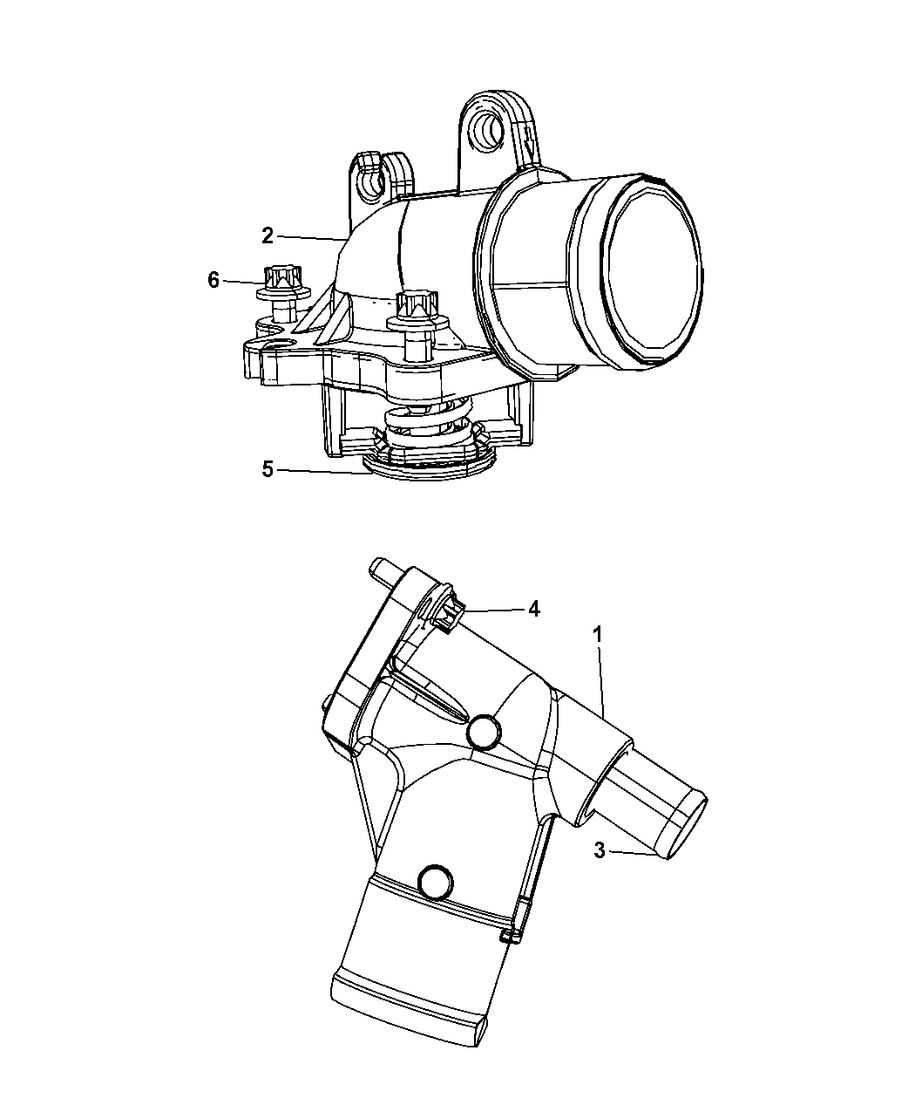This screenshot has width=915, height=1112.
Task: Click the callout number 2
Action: pos(268,236)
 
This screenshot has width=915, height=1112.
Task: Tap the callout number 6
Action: pos(213,280)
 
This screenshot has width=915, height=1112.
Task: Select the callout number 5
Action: pos(268,469)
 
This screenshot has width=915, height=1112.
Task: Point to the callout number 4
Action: pos(534,609)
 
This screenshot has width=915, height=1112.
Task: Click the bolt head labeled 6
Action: pos(281,277)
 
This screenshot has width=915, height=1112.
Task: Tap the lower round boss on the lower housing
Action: pos(436,883)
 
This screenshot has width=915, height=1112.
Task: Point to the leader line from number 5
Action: pos(320,471)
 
